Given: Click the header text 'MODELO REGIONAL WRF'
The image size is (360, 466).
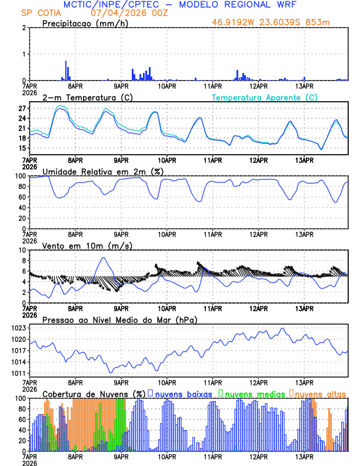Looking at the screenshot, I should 248,5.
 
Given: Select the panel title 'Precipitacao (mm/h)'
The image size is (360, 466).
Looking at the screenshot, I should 85,23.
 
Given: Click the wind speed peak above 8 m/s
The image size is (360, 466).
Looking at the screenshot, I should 104,258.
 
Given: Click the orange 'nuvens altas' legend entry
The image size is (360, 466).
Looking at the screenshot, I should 318,393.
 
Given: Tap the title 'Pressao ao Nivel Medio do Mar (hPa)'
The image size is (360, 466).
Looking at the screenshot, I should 119,319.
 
